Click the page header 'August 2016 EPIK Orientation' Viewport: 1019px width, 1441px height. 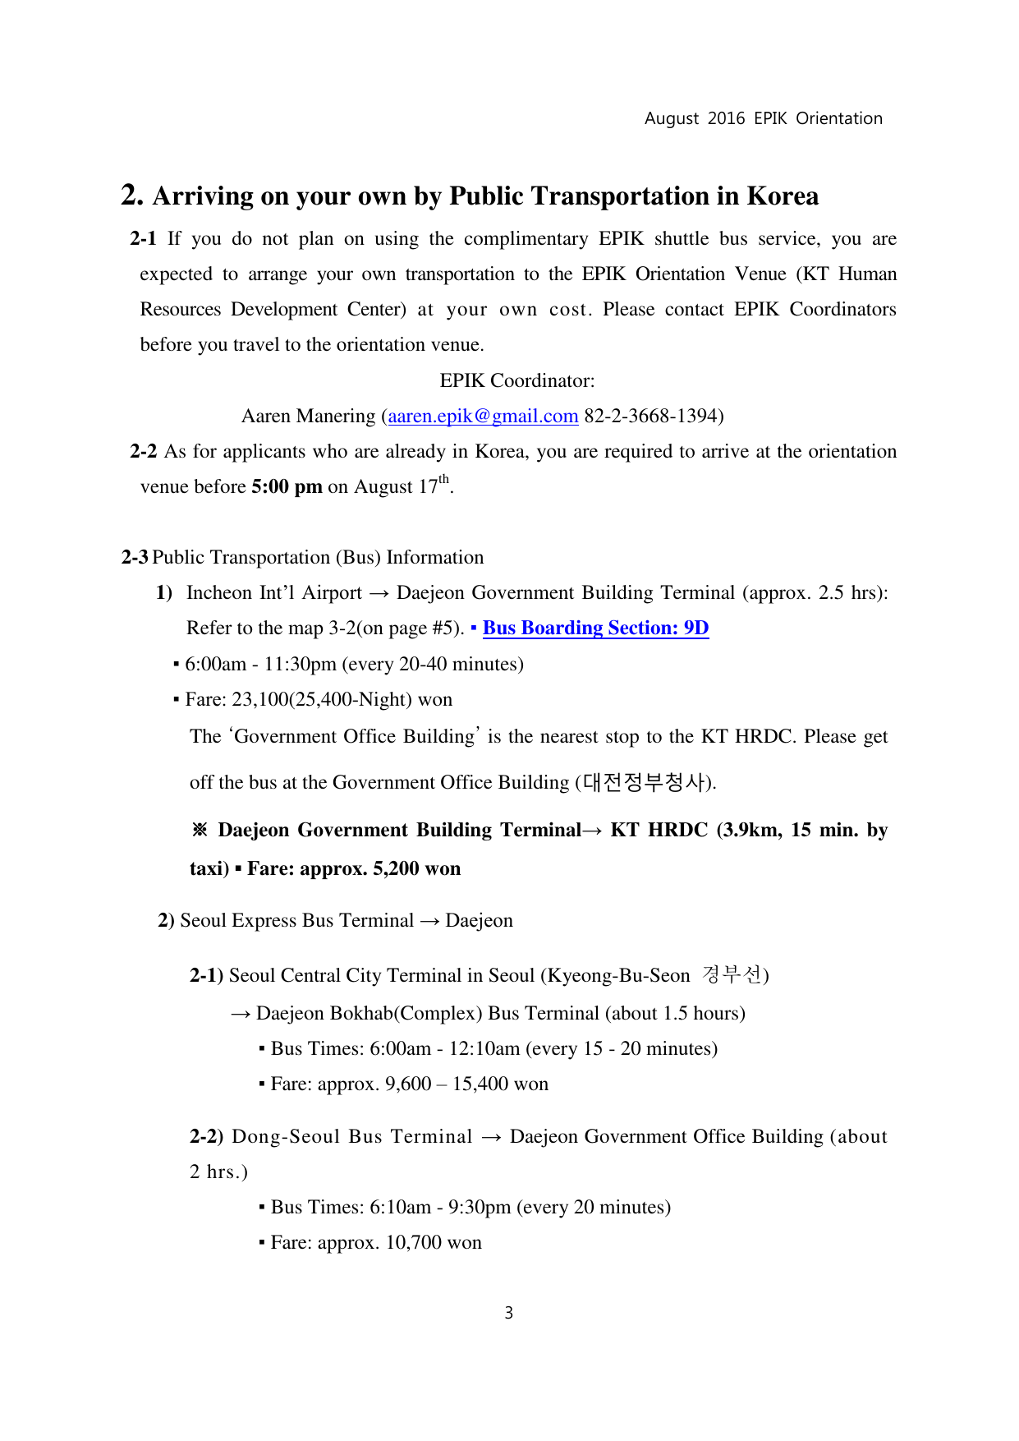pyautogui.click(x=763, y=118)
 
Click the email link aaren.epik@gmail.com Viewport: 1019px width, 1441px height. pyautogui.click(x=483, y=417)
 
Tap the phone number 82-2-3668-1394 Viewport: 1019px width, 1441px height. pyautogui.click(x=650, y=417)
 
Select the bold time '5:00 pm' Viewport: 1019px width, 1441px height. pyautogui.click(x=287, y=487)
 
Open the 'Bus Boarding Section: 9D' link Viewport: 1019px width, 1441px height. pyautogui.click(x=595, y=628)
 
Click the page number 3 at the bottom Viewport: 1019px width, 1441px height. pyautogui.click(x=509, y=1313)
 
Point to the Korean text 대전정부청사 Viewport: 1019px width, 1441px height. pyautogui.click(x=644, y=782)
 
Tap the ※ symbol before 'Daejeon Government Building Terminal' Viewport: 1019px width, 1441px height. pyautogui.click(x=200, y=830)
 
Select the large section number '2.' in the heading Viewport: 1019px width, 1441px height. pyautogui.click(x=132, y=195)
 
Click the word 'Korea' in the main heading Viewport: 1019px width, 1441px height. pyautogui.click(x=782, y=196)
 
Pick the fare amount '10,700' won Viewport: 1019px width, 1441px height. pyautogui.click(x=414, y=1243)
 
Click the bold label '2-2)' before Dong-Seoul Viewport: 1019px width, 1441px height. pyautogui.click(x=206, y=1137)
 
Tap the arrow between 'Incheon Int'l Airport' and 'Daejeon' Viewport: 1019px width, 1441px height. pyautogui.click(x=379, y=593)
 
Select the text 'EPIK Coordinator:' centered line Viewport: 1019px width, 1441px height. pyautogui.click(x=517, y=381)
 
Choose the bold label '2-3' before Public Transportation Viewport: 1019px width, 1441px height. pyautogui.click(x=135, y=558)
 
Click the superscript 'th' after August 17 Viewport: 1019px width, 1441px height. pyautogui.click(x=444, y=480)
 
